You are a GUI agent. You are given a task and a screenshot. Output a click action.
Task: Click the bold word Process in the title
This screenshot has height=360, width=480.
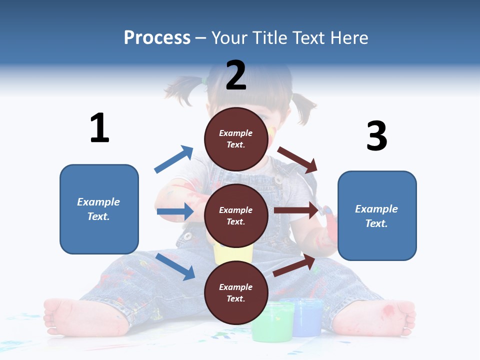pyautogui.click(x=157, y=38)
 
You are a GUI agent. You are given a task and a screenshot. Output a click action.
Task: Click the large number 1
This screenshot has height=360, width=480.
pyautogui.click(x=99, y=128)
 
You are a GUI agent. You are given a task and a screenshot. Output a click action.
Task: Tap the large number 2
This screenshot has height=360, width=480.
pyautogui.click(x=236, y=75)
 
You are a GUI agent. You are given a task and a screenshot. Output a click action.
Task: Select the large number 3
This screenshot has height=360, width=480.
pyautogui.click(x=376, y=136)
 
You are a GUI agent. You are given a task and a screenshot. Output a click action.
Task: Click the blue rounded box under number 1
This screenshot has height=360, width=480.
pyautogui.click(x=99, y=209)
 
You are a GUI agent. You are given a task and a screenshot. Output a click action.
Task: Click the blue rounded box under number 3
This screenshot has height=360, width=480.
pyautogui.click(x=377, y=216)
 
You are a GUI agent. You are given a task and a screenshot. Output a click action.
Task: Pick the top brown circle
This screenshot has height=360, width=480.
pyautogui.click(x=236, y=139)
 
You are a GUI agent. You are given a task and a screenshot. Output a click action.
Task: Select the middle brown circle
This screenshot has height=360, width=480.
pyautogui.click(x=236, y=216)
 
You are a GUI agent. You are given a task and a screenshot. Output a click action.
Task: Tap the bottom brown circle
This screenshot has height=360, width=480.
pyautogui.click(x=236, y=292)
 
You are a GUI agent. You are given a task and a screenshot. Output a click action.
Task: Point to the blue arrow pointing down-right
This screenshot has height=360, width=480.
pyautogui.click(x=175, y=266)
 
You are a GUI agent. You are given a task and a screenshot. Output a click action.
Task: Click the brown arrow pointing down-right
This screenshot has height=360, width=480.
pyautogui.click(x=297, y=159)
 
